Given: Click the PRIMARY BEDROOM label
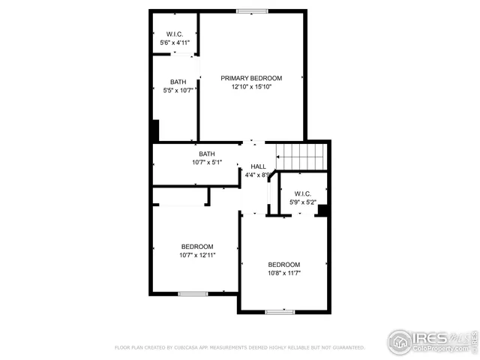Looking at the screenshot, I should [x=250, y=78].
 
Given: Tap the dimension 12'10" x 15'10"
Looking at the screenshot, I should [x=250, y=87].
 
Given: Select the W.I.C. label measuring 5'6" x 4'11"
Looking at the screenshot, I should [x=175, y=34].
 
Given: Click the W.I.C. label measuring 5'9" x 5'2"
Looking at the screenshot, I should [x=303, y=193].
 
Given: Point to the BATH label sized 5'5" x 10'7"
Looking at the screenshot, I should [x=178, y=82].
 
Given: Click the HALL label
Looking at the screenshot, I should [x=258, y=166].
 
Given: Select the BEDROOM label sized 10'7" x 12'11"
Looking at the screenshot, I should [x=197, y=247].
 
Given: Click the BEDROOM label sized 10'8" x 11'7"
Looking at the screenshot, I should [x=284, y=265].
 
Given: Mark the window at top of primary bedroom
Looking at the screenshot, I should [x=251, y=10].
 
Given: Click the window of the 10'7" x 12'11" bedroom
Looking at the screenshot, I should [x=193, y=293].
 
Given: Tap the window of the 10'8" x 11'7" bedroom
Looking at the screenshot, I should [x=279, y=310].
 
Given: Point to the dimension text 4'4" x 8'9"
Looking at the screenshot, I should [x=257, y=175].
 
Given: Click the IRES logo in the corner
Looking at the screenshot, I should [x=430, y=340].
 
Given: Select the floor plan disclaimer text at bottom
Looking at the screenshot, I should [x=239, y=348].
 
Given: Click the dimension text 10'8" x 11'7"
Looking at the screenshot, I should [x=284, y=274].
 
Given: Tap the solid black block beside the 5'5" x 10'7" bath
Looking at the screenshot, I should [x=154, y=130].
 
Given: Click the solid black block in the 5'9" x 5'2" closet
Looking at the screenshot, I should [x=322, y=210].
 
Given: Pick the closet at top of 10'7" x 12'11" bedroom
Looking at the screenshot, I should [x=181, y=196].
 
